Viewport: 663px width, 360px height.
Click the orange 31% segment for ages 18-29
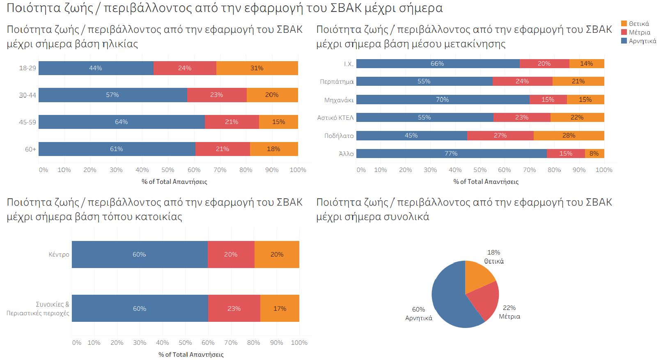tap(257, 68)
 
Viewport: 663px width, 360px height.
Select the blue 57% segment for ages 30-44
tap(112, 95)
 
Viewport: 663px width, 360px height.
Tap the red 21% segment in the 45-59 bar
tap(232, 122)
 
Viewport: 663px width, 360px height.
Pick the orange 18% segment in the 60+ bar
tap(274, 149)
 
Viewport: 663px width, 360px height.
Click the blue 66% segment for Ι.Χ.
tap(438, 64)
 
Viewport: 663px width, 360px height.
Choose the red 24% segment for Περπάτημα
tap(522, 81)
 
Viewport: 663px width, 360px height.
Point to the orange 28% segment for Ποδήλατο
tap(569, 135)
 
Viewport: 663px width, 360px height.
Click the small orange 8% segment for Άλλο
tap(594, 154)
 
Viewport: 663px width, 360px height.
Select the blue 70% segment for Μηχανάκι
tap(443, 99)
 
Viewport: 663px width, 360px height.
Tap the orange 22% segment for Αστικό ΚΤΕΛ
tap(577, 117)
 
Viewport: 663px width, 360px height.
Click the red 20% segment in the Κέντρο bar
tap(231, 255)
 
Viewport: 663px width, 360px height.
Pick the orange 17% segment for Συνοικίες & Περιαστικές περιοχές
tap(280, 309)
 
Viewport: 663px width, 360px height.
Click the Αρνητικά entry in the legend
tap(642, 41)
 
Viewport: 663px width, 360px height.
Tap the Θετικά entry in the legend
tap(639, 24)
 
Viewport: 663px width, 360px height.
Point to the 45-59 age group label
tap(28, 122)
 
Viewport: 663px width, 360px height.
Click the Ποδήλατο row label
tap(339, 136)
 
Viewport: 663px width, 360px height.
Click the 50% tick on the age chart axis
tap(168, 170)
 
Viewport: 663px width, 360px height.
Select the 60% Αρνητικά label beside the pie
tap(419, 314)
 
